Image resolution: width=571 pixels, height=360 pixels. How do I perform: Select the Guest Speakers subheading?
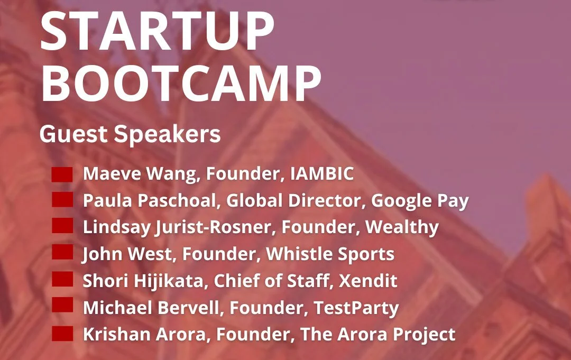[x=130, y=134]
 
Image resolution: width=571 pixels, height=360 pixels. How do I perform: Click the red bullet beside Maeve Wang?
[x=62, y=174]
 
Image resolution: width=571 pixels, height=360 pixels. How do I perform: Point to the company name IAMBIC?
[x=322, y=174]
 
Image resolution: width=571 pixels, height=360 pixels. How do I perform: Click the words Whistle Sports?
[x=330, y=254]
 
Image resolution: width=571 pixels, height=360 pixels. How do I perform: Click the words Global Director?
[x=300, y=201]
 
